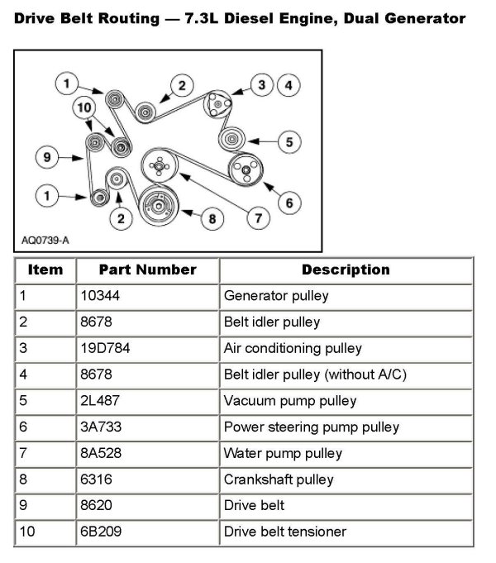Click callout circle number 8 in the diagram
[212, 219]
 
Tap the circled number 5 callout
[289, 142]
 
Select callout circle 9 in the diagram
[48, 155]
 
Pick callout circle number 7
[258, 219]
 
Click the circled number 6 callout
[289, 201]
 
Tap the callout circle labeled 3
[261, 84]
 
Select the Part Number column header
[147, 270]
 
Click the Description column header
[346, 270]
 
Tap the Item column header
[45, 270]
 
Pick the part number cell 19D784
[106, 348]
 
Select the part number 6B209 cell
[102, 532]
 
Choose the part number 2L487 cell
[102, 401]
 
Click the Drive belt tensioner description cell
[284, 532]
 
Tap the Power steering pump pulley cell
[311, 427]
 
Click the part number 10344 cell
[102, 295]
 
